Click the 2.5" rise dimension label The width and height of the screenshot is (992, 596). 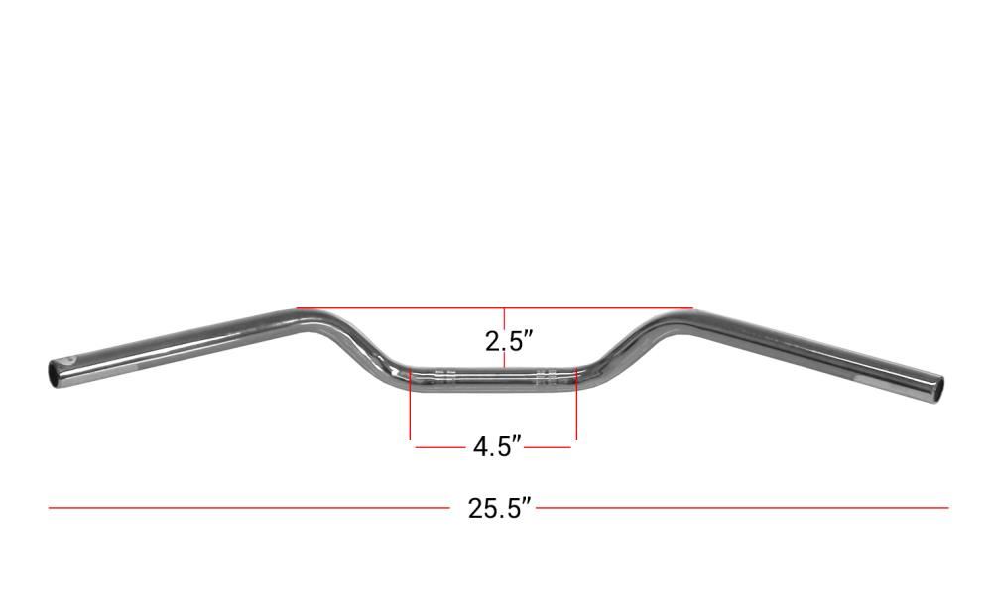click(x=506, y=342)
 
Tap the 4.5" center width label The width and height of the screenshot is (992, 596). click(x=497, y=446)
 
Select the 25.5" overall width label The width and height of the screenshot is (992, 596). click(x=499, y=508)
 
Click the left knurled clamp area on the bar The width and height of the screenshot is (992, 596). click(x=446, y=376)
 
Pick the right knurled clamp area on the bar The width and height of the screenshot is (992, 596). click(x=546, y=376)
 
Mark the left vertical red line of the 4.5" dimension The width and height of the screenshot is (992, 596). click(x=411, y=404)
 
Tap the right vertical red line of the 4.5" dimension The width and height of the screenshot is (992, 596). click(x=576, y=404)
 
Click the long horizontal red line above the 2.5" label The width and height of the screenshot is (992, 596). click(x=495, y=308)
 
